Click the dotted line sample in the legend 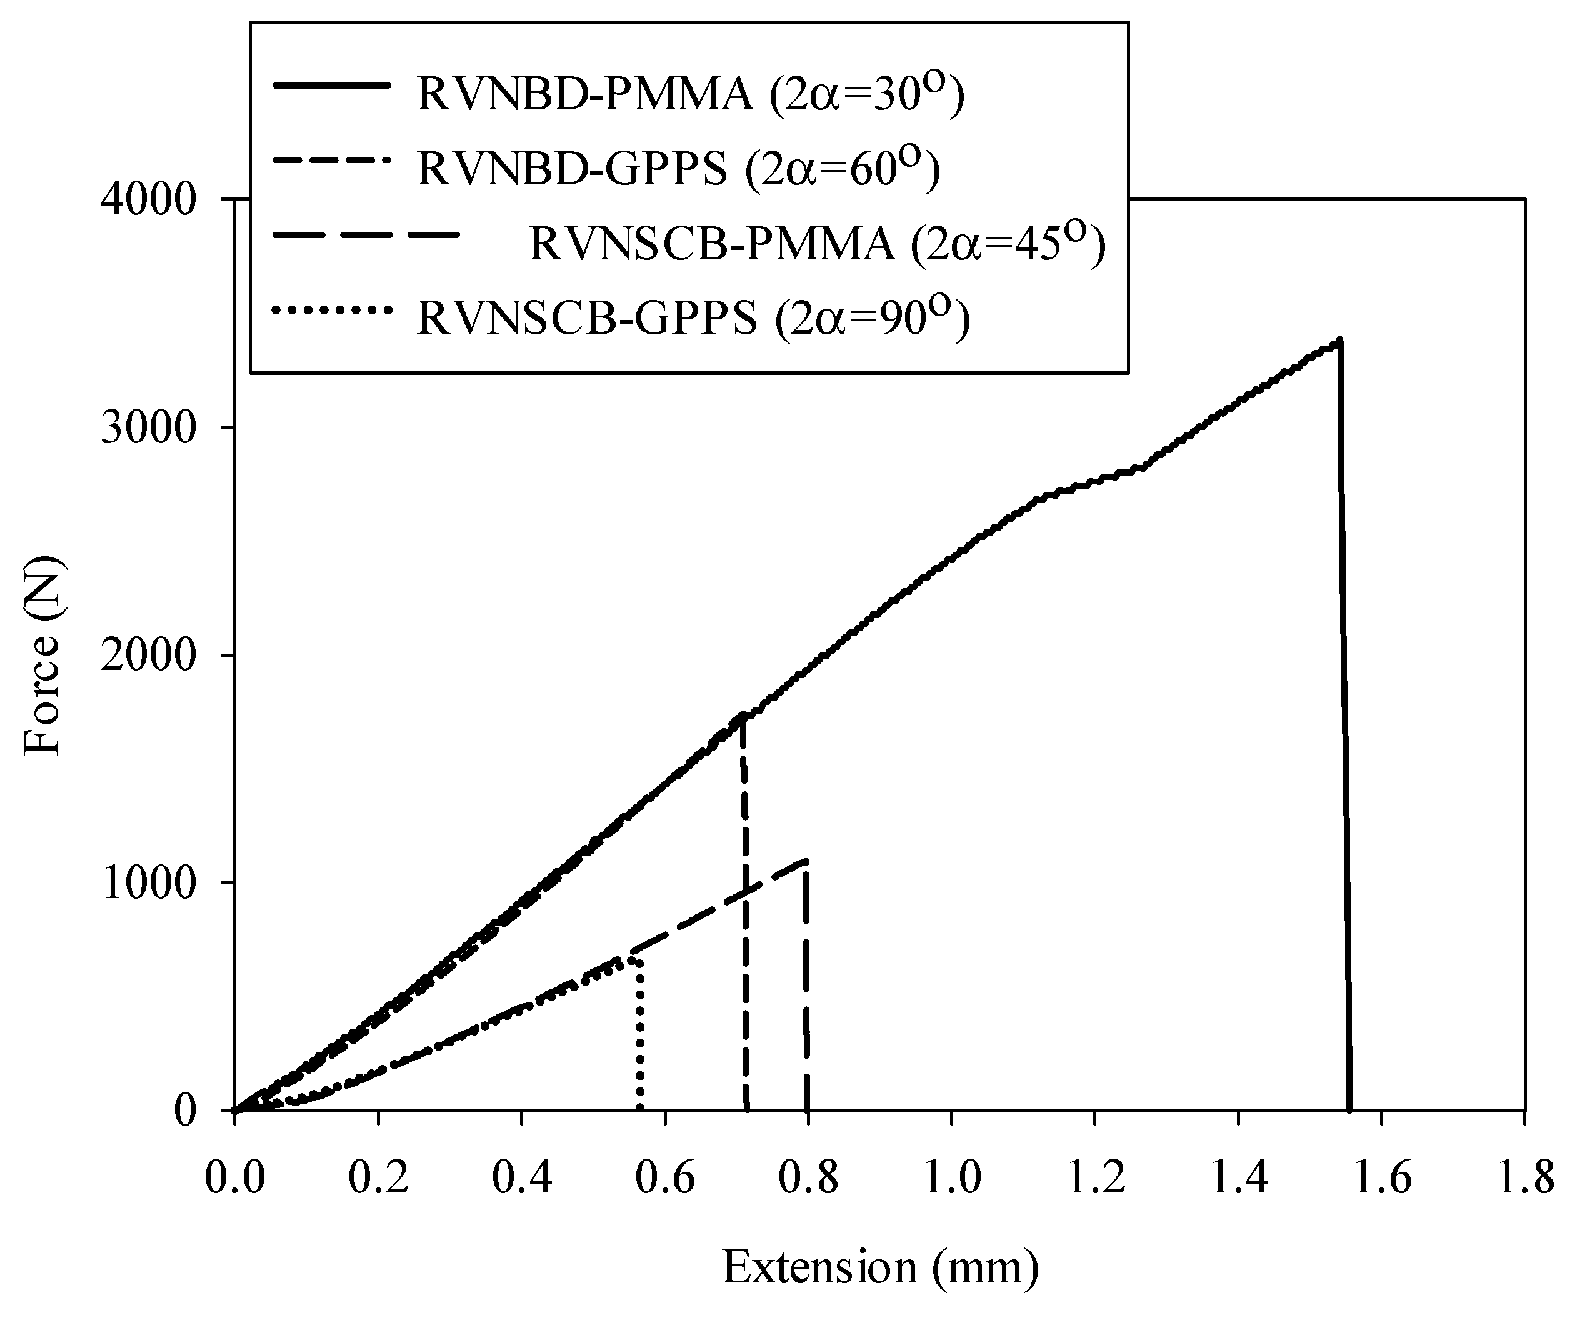[333, 309]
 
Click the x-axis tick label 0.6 [665, 1179]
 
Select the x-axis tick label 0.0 [235, 1179]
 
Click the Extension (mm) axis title [880, 1267]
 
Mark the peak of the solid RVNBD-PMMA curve [1339, 341]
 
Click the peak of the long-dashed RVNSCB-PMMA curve [806, 861]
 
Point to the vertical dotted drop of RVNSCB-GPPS [639, 1040]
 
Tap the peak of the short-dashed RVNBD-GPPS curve [743, 714]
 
